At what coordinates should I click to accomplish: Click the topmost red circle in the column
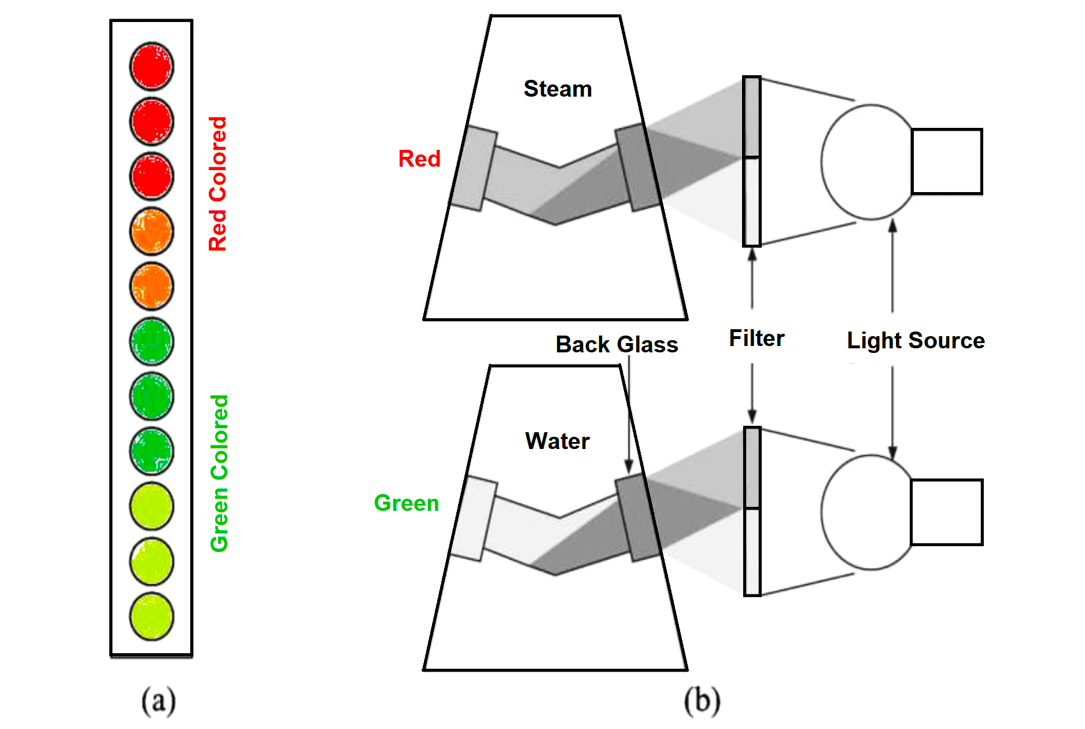click(x=152, y=67)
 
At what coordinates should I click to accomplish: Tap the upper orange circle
click(x=152, y=231)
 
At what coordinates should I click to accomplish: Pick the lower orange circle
click(x=152, y=286)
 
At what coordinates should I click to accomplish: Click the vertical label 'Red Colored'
click(x=218, y=184)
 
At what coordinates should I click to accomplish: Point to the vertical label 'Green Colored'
click(x=219, y=473)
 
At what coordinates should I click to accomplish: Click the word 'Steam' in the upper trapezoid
click(x=558, y=89)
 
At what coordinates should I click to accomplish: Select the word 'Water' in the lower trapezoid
click(x=557, y=441)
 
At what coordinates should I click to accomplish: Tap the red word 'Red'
click(x=419, y=159)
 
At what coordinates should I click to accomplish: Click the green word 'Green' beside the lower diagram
click(x=407, y=503)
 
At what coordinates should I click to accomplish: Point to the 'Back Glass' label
click(x=617, y=345)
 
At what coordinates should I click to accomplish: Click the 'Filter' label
click(x=756, y=338)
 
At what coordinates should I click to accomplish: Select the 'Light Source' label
click(x=916, y=341)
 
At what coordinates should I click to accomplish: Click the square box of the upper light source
click(x=947, y=161)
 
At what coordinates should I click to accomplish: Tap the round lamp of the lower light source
click(x=868, y=512)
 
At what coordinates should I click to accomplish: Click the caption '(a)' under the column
click(x=158, y=701)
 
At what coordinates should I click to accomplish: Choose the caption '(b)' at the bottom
click(x=702, y=701)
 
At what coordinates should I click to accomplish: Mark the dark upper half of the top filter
click(x=752, y=117)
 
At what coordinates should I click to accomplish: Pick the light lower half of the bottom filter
click(x=752, y=551)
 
